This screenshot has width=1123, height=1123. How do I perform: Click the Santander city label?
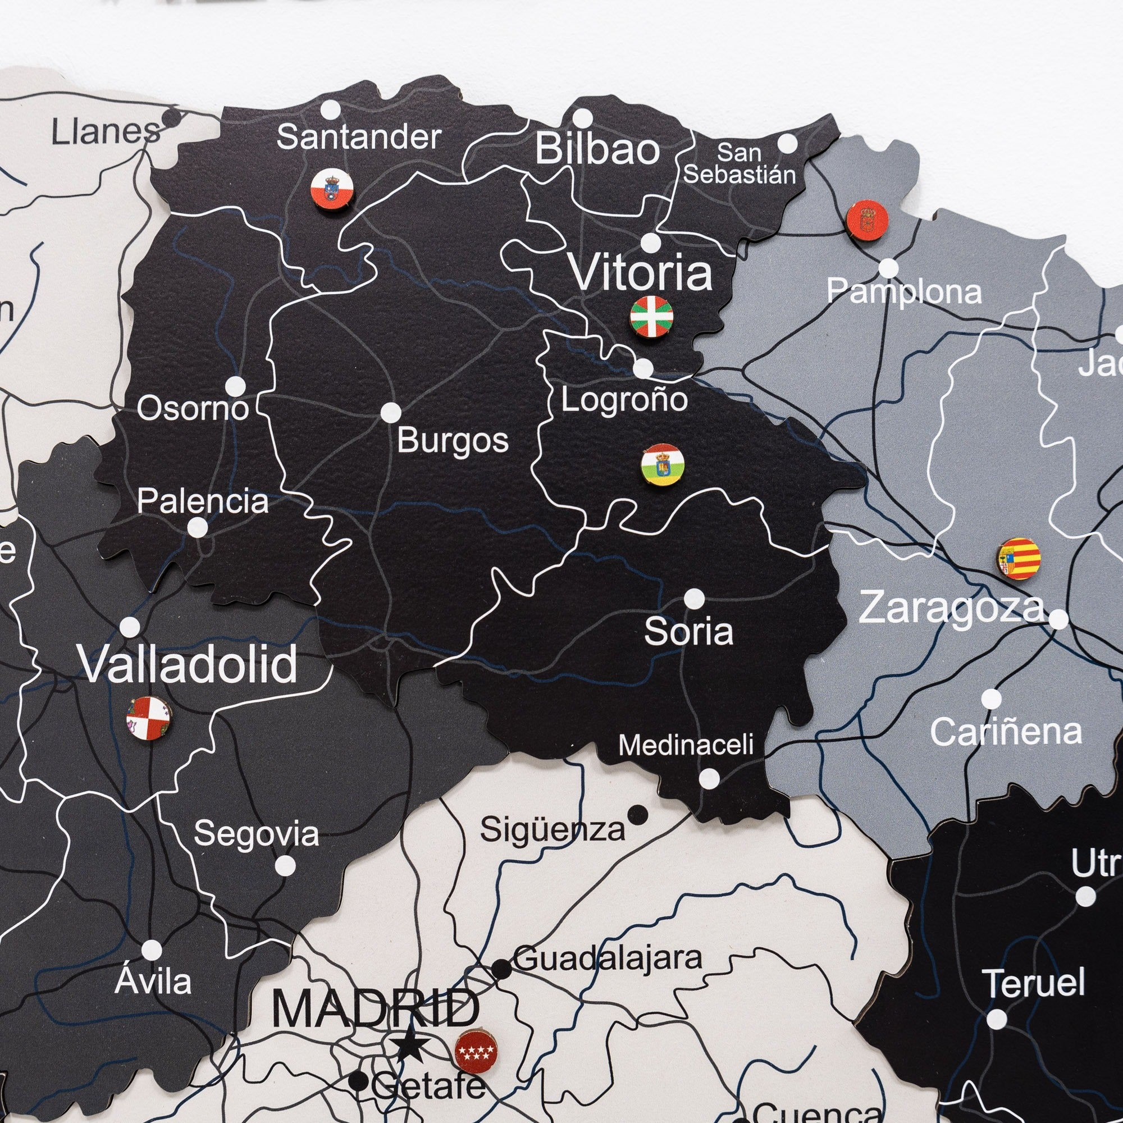click(x=359, y=138)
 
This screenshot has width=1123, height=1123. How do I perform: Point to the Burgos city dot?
click(x=391, y=413)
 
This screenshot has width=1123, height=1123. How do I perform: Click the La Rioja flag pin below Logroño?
click(x=662, y=465)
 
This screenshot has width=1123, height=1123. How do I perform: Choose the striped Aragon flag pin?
click(x=1020, y=558)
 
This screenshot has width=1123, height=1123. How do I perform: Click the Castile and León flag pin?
click(x=149, y=719)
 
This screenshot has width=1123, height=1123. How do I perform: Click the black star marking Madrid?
click(x=410, y=1046)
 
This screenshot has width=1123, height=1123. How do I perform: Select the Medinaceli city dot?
click(x=709, y=778)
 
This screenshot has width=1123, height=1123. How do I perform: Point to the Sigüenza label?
click(x=552, y=830)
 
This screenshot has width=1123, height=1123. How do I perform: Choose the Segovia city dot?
click(x=284, y=865)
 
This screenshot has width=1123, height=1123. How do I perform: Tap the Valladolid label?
click(x=188, y=664)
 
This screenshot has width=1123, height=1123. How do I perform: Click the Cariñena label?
click(x=1006, y=732)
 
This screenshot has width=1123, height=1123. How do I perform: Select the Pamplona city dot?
click(x=888, y=268)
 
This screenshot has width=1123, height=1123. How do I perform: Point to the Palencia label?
click(x=203, y=501)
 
